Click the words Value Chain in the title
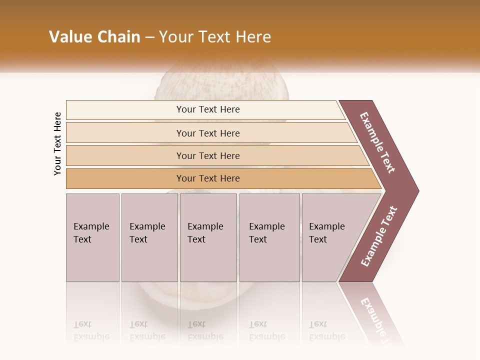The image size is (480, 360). (x=94, y=37)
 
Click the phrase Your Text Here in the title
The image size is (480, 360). (x=215, y=37)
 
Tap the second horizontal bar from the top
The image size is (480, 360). (x=208, y=133)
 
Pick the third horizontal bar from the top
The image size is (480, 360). (x=208, y=155)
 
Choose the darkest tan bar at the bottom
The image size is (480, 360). (x=208, y=178)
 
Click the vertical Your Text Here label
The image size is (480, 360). (x=57, y=143)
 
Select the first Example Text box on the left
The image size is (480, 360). (x=92, y=237)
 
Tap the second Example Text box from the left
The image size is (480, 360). (x=149, y=237)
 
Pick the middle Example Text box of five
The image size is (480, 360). (x=208, y=237)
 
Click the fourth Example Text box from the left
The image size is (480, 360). (x=269, y=237)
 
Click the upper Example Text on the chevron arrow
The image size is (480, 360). (x=377, y=142)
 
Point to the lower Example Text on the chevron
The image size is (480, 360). (x=379, y=236)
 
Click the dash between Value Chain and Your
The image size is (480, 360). (x=149, y=37)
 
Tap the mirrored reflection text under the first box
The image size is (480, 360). (x=91, y=330)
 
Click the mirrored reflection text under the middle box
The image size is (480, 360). (x=205, y=330)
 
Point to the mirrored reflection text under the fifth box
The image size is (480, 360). (x=326, y=330)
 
